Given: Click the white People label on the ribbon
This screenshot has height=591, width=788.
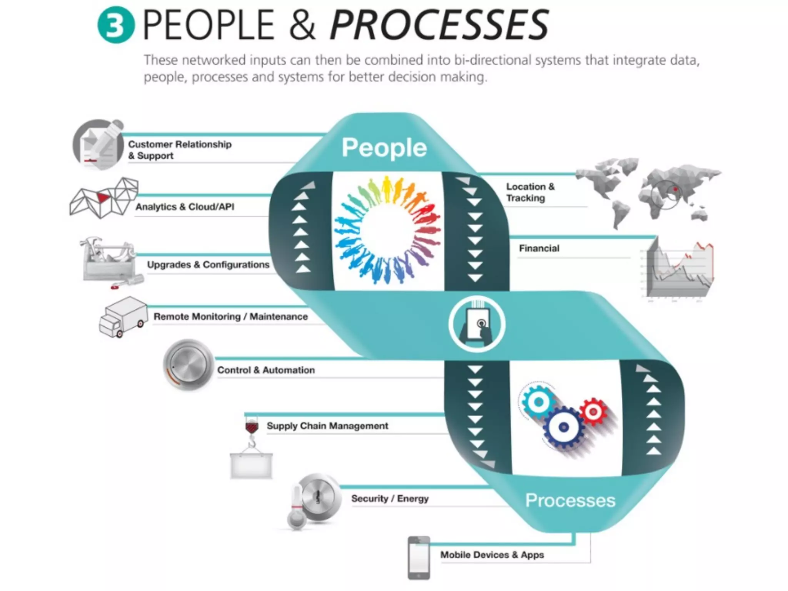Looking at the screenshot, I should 384,148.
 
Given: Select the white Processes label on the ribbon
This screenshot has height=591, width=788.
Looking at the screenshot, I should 570,501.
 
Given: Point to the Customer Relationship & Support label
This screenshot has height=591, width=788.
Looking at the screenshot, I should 180,150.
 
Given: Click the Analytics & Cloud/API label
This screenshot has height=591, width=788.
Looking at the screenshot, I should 185,207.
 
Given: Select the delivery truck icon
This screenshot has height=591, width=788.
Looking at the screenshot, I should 123,317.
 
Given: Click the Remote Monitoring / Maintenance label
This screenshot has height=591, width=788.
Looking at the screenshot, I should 230,317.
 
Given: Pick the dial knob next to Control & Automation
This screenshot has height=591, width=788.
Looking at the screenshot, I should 188,364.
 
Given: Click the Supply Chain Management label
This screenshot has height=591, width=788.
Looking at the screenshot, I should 327,426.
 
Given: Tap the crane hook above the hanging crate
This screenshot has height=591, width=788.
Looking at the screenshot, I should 252,432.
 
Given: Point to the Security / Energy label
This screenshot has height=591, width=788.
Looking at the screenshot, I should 390,499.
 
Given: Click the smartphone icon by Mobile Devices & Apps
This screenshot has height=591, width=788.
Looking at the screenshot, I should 419,558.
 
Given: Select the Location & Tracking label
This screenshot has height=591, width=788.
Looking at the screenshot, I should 530,192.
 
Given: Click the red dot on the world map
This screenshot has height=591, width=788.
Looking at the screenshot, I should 675,189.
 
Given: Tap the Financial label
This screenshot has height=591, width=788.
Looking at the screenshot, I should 539,249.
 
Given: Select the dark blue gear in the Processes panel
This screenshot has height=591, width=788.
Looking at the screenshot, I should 563,427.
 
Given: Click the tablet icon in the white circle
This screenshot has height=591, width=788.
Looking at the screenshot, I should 477,324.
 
